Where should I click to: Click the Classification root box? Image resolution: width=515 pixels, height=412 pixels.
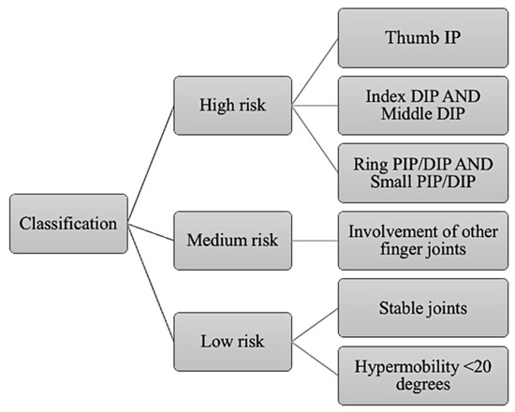click(x=69, y=225)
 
